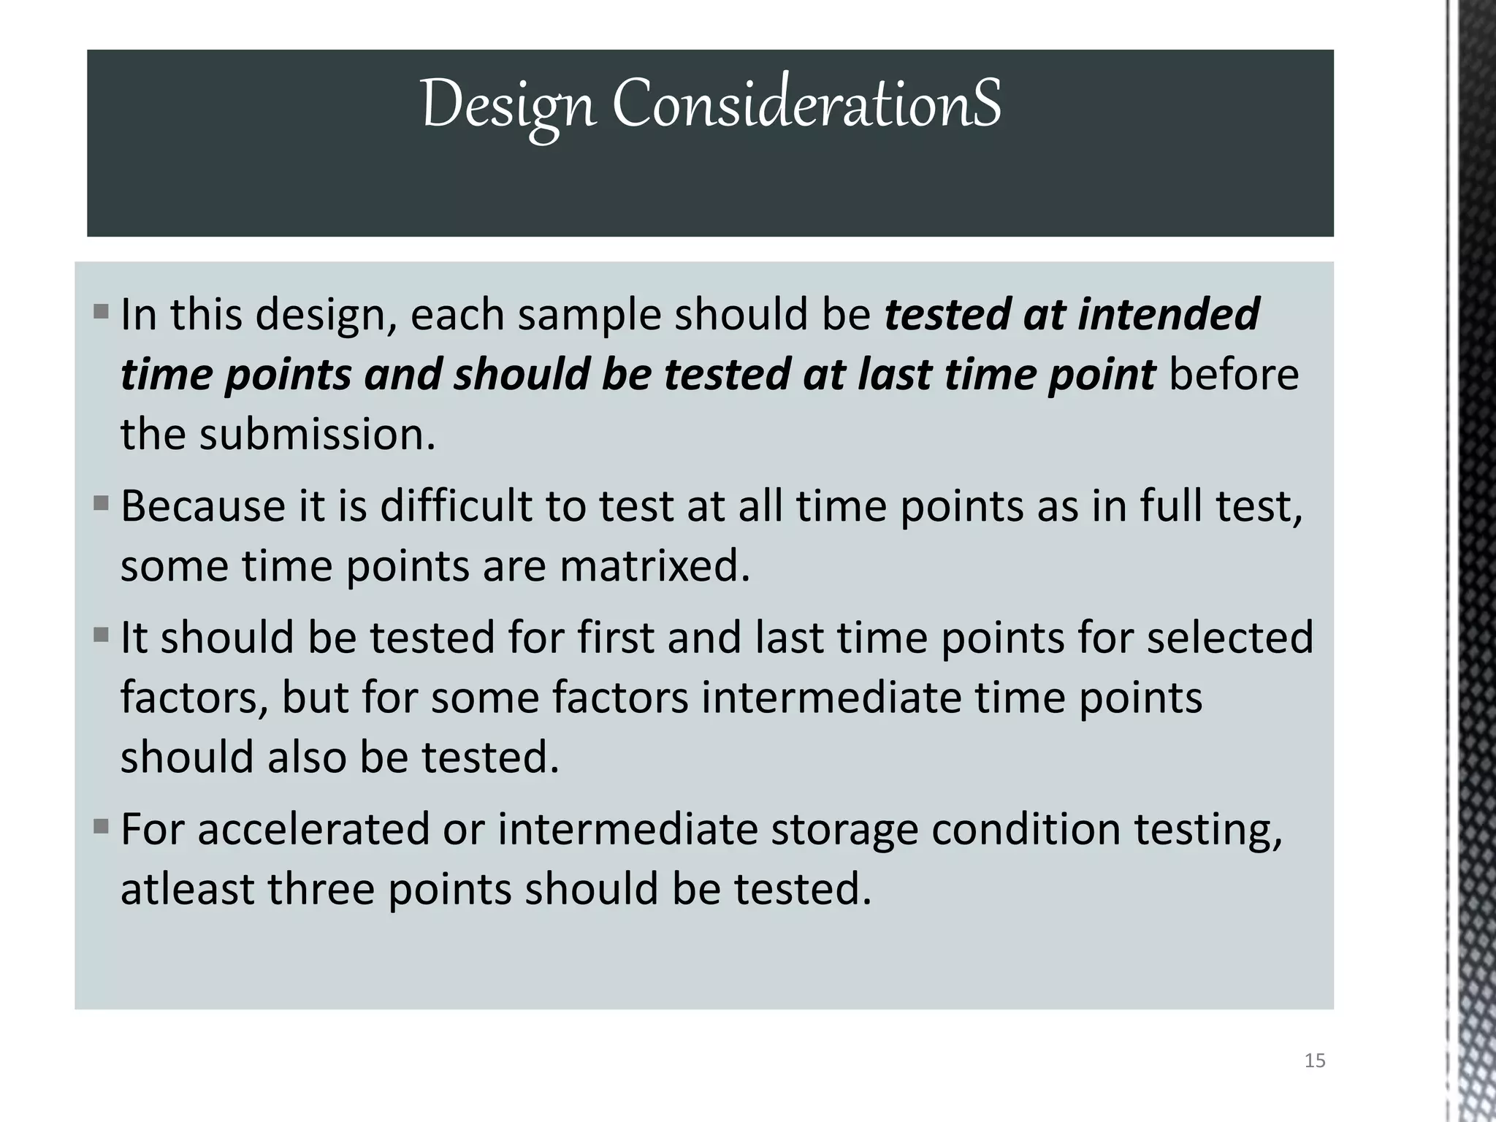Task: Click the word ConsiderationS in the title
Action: (806, 104)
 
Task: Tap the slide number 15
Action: (1314, 1061)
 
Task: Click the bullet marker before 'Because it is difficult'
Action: (101, 504)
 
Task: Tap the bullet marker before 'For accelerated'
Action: (101, 828)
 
